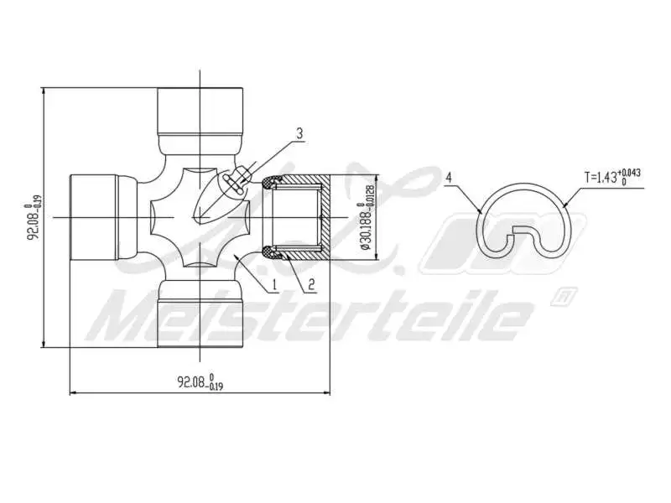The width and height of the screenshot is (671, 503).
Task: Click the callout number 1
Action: (274, 285)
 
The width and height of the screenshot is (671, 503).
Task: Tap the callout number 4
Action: (450, 178)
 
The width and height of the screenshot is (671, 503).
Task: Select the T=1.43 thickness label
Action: (613, 177)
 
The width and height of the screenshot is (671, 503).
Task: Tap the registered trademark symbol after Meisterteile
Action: (564, 295)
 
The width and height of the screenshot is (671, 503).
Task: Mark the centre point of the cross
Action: (200, 217)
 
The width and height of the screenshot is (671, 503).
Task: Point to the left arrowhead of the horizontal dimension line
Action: (71, 392)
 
